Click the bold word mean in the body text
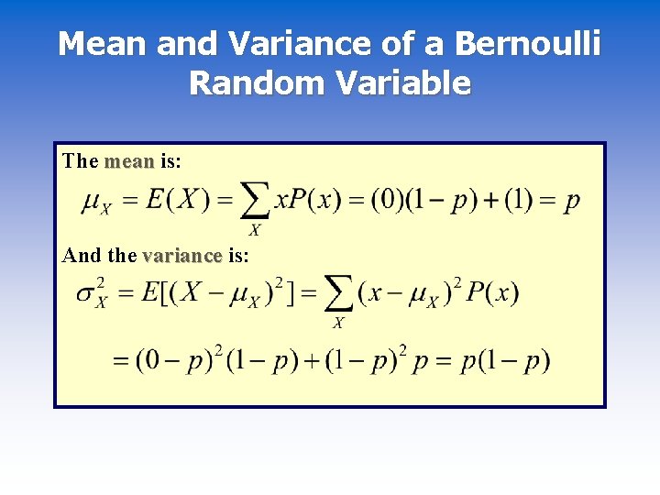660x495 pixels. click(129, 161)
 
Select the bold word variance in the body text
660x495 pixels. click(182, 255)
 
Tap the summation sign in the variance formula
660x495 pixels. click(338, 295)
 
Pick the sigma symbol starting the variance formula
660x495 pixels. click(89, 294)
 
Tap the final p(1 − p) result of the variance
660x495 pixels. click(506, 359)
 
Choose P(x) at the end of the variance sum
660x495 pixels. click(492, 293)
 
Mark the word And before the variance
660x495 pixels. click(79, 255)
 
